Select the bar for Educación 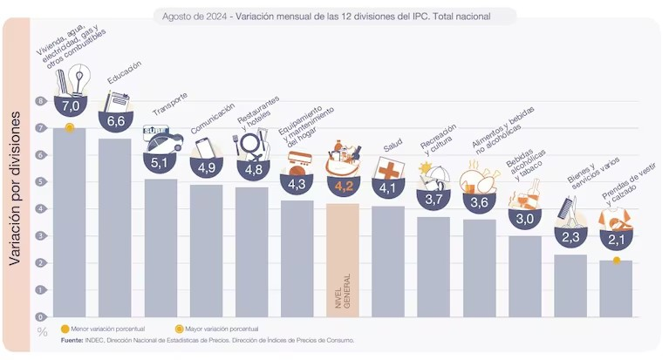115,228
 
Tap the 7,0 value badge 70,106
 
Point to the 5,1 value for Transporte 160,161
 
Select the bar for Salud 388,262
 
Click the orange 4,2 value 342,185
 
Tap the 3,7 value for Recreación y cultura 433,200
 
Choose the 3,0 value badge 524,219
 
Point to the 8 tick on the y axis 40,101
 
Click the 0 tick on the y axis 40,316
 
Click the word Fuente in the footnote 72,340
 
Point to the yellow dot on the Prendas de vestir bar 616,260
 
